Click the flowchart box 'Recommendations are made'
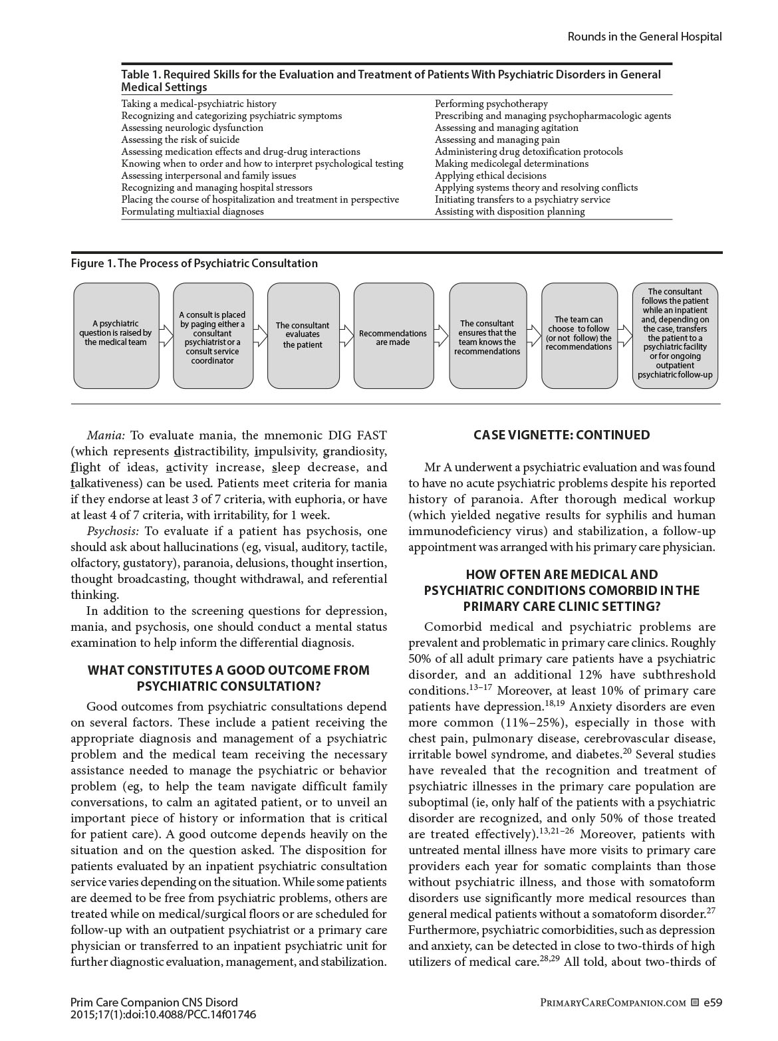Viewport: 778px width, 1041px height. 392,336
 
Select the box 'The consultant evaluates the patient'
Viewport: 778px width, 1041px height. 303,335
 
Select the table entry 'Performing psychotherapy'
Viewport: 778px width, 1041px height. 491,104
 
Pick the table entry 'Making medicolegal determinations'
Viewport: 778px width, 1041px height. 511,164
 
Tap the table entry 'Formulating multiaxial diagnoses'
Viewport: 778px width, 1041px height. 192,211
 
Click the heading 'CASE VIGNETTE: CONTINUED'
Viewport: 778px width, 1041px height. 562,435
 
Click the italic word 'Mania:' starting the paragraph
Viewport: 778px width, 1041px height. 106,436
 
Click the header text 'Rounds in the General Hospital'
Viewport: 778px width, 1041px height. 644,37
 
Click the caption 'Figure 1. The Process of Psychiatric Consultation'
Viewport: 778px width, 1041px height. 194,263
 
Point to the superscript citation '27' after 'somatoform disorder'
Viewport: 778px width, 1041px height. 711,911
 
